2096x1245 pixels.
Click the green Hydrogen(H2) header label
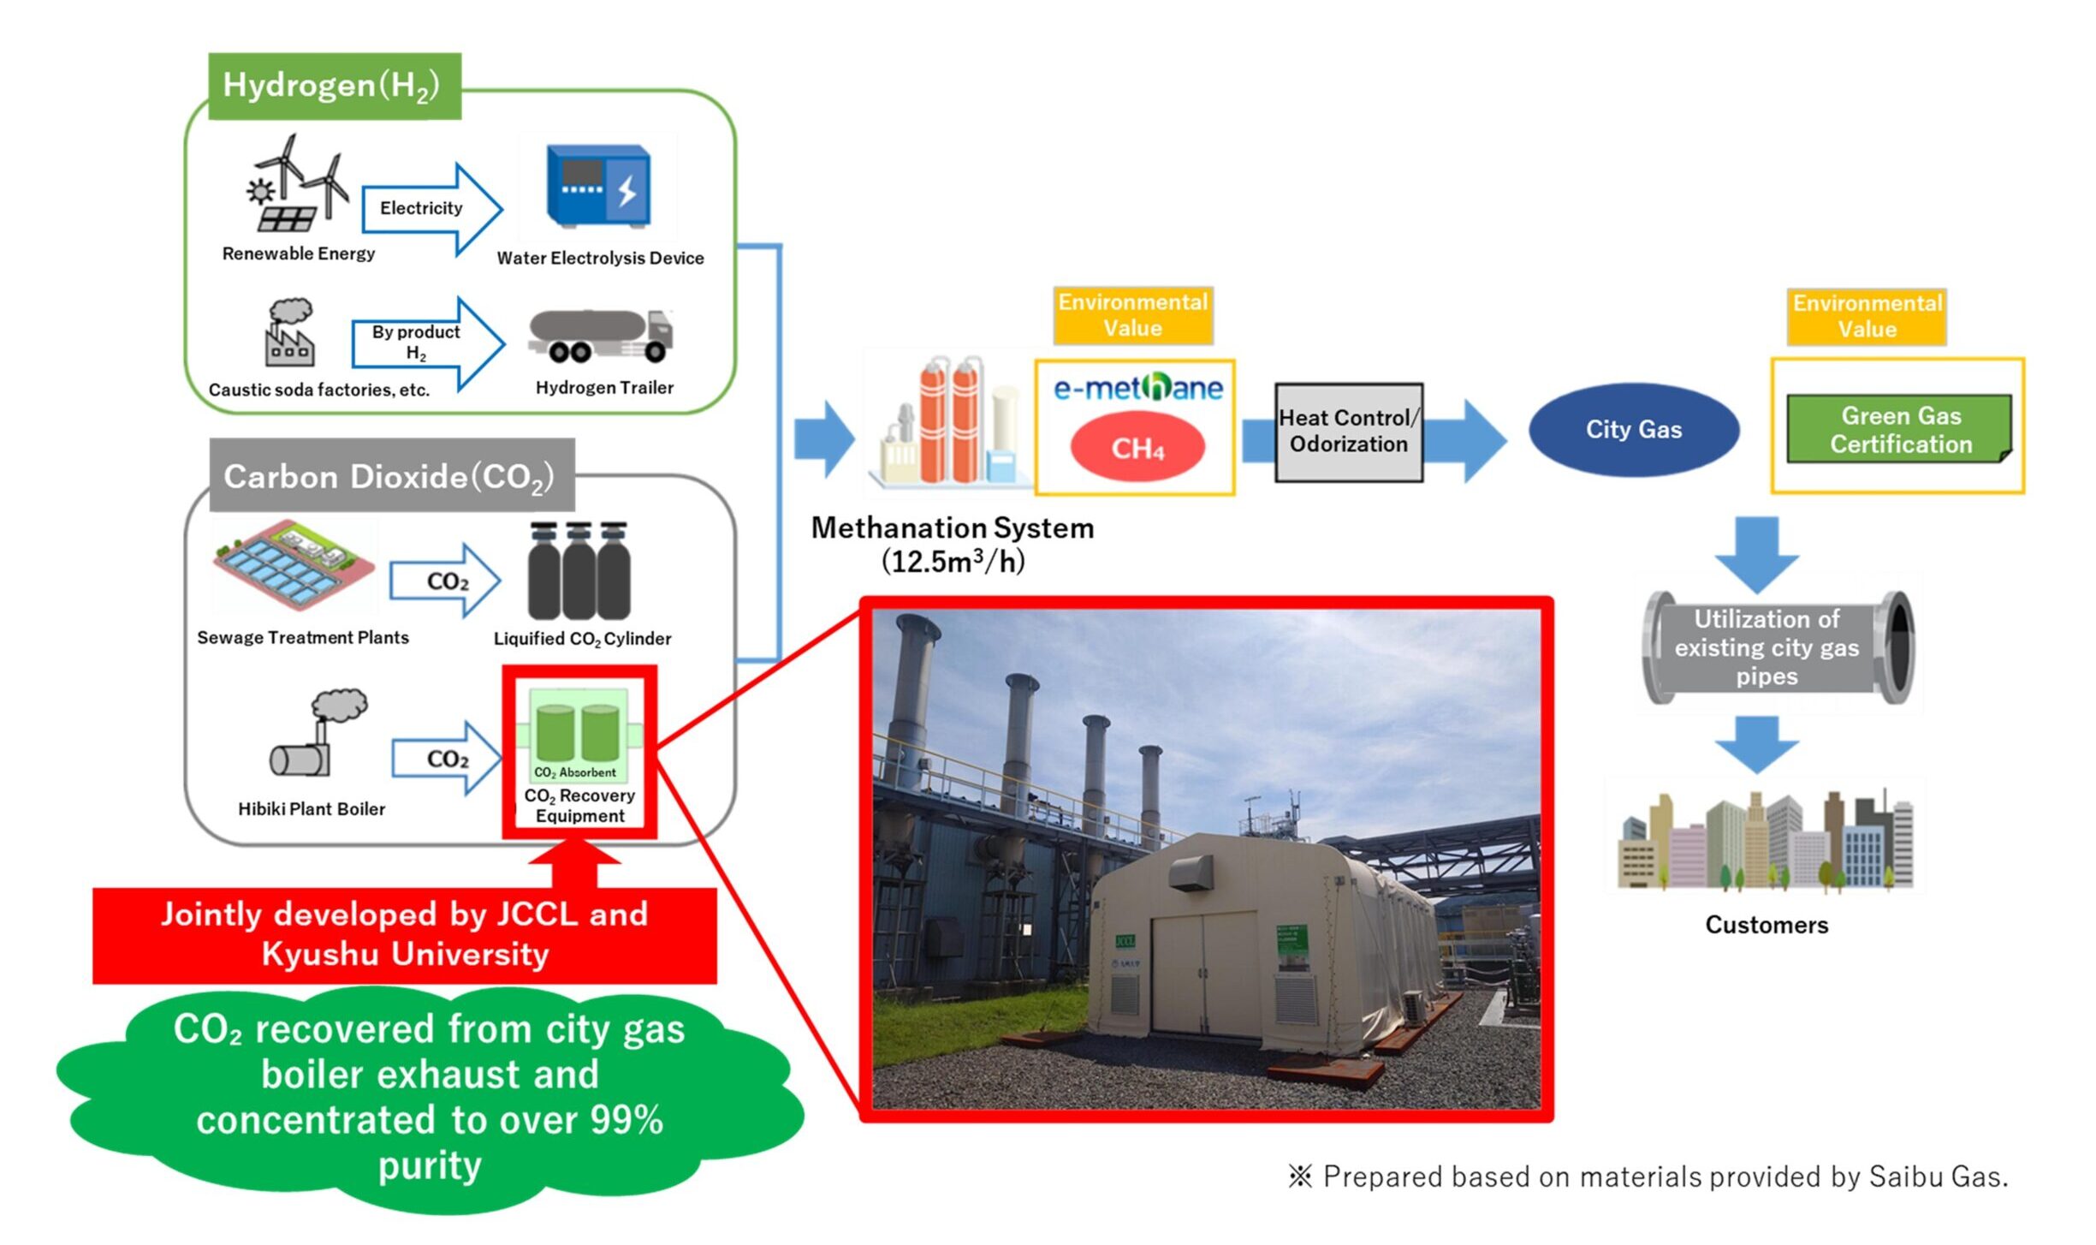[334, 86]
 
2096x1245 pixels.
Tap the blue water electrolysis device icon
[598, 186]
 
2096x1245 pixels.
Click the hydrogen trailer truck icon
[600, 337]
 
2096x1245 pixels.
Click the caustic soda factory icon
[289, 333]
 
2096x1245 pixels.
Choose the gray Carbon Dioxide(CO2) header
[391, 475]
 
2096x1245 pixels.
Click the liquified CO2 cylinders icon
[579, 571]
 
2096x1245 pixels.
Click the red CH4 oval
[1137, 447]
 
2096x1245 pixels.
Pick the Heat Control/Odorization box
[1348, 432]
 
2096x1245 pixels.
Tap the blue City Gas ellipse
[1633, 429]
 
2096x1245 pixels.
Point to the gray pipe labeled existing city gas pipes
[1777, 647]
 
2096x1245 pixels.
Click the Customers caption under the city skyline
[1766, 925]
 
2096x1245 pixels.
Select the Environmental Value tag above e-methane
[1132, 315]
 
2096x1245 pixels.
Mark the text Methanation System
[952, 528]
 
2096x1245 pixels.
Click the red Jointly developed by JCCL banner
[404, 934]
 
